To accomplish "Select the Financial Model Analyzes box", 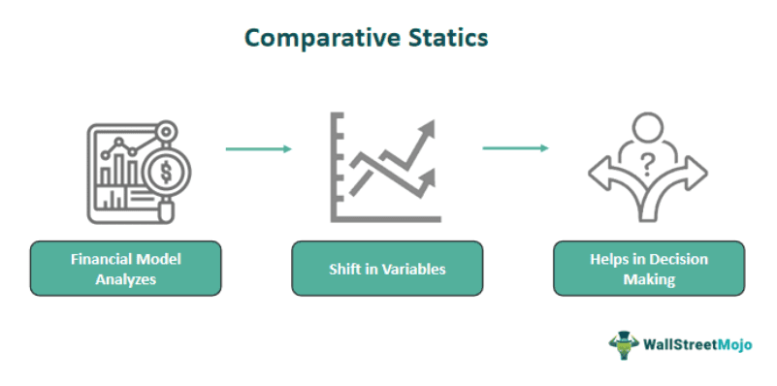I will pos(126,269).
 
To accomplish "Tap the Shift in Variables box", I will pos(387,269).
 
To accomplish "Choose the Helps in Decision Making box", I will pos(648,269).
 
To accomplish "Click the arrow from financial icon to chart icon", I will pos(258,149).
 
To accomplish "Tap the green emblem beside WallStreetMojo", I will pos(623,343).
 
